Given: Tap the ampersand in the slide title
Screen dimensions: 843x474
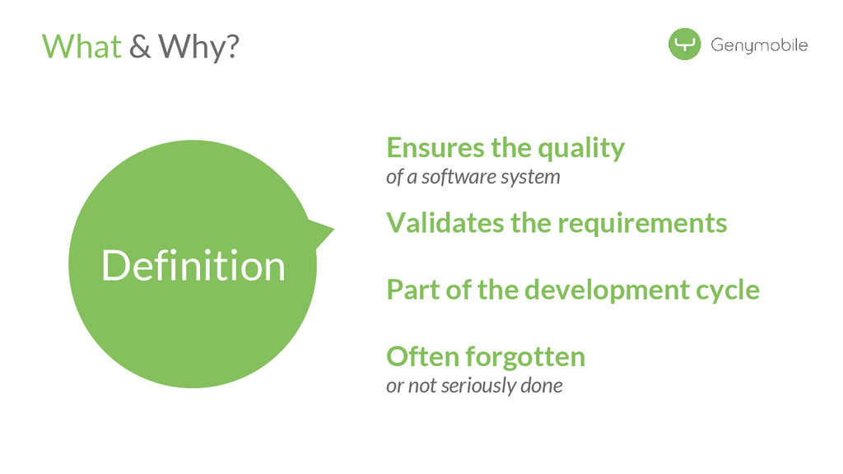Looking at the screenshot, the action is [x=141, y=47].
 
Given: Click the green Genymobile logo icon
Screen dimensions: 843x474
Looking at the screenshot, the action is [x=684, y=44].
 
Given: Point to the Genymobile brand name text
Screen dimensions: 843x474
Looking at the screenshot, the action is [x=759, y=45].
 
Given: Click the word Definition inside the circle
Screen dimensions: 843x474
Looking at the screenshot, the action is [x=193, y=266].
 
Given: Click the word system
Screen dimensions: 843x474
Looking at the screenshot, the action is [x=535, y=177].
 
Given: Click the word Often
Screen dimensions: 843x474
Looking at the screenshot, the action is [x=422, y=356].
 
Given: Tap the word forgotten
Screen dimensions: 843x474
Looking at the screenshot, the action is [x=525, y=357].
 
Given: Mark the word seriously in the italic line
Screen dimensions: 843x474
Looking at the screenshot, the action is [x=477, y=385].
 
